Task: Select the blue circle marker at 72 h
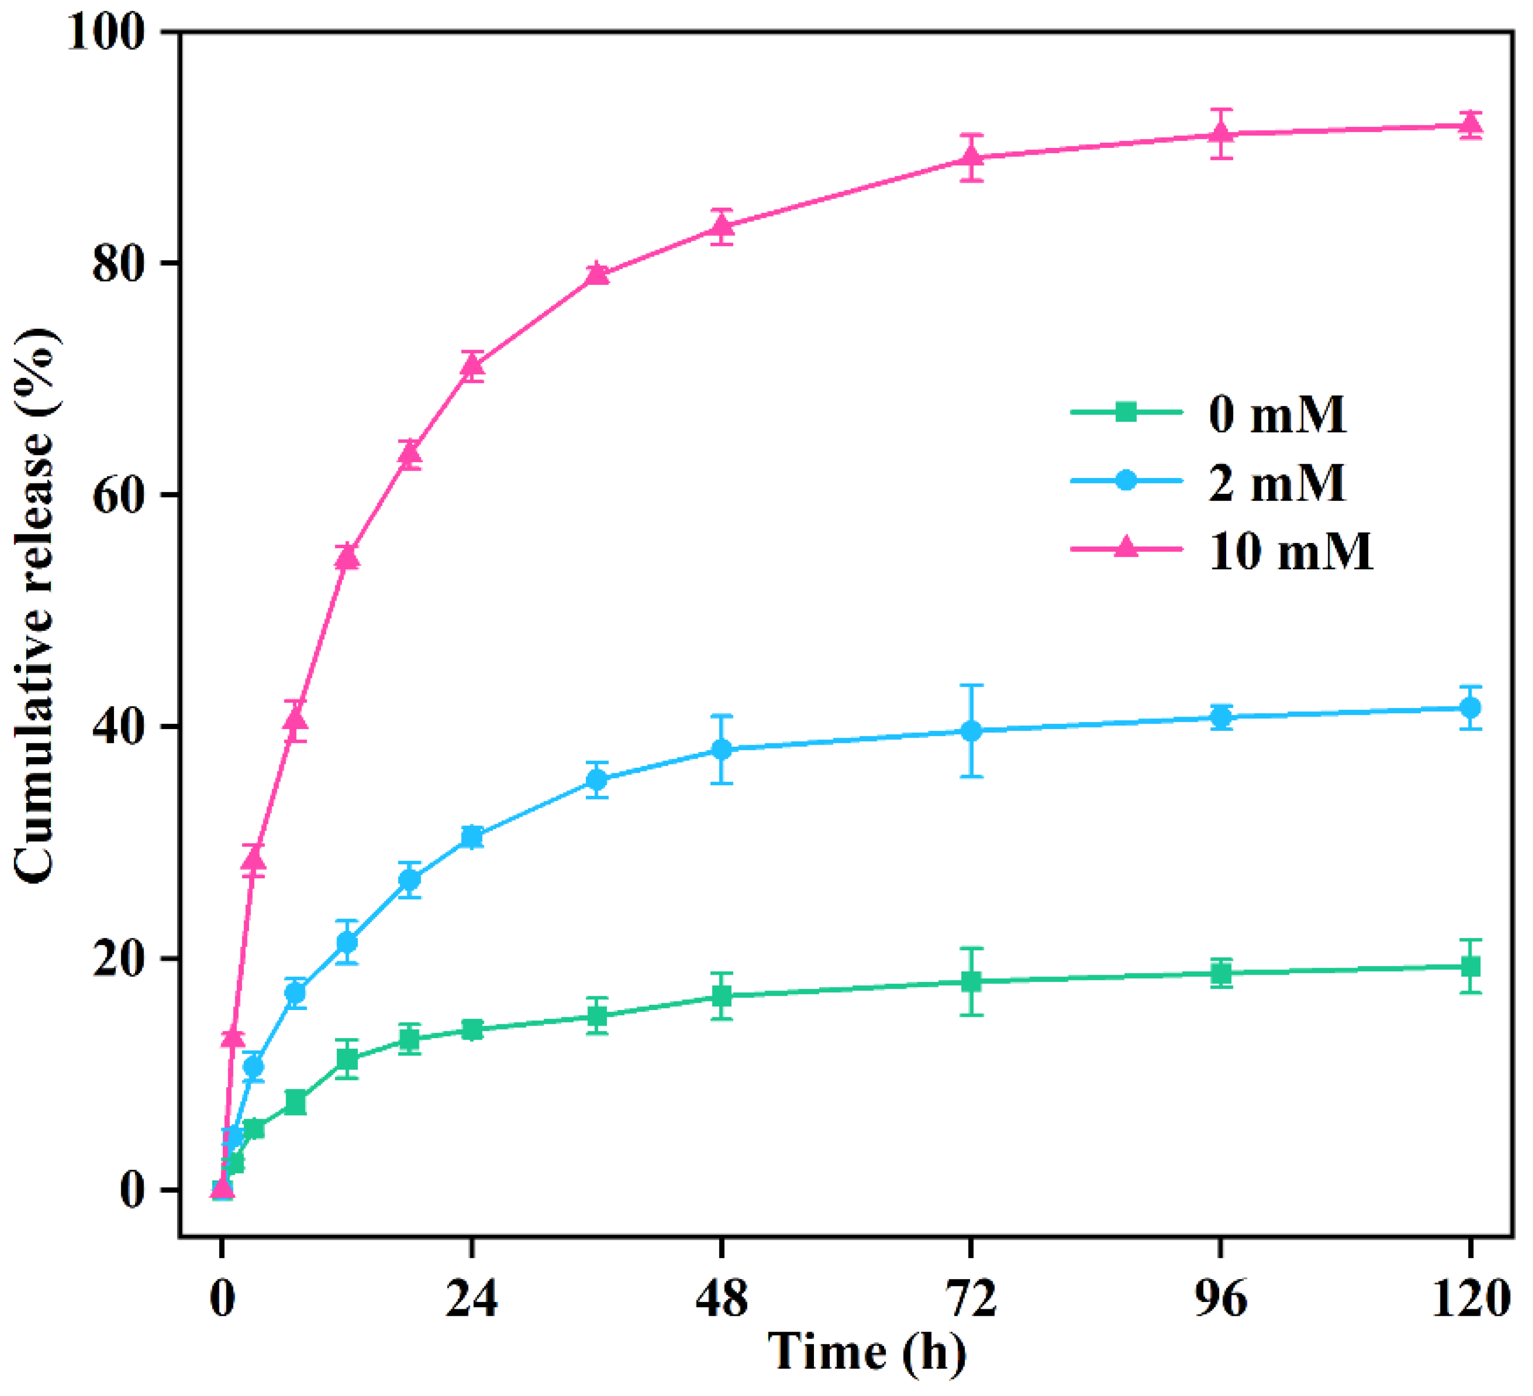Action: [971, 731]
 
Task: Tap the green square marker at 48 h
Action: [721, 996]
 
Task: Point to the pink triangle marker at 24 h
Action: [472, 366]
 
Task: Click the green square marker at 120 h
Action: [1470, 967]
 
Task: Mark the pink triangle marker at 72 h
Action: [971, 156]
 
